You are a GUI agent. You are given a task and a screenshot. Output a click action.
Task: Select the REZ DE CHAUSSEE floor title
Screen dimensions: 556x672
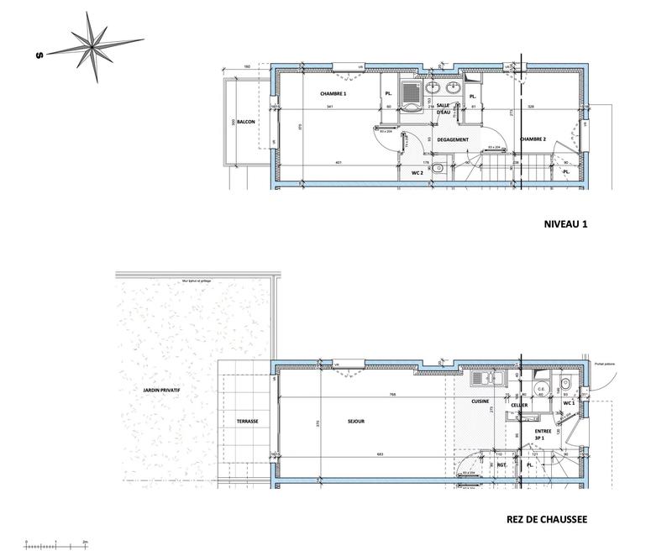[x=547, y=520]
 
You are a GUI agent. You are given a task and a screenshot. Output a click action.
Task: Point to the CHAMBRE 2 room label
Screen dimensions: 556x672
[x=533, y=139]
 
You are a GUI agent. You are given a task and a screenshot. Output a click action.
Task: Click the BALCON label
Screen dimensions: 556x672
[x=246, y=123]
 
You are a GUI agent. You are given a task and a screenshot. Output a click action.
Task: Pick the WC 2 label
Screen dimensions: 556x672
[x=416, y=172]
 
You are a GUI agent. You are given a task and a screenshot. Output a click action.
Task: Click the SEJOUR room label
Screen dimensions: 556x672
[x=355, y=421]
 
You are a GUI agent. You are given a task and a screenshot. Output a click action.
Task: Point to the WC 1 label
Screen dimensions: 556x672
[x=569, y=403]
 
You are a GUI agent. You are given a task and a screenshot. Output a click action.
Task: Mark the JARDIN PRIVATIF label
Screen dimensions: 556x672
[x=162, y=391]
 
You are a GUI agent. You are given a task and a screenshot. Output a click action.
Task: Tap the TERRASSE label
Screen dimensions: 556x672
[x=247, y=421]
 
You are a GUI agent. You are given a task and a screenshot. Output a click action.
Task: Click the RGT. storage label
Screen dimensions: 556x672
[x=501, y=464]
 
